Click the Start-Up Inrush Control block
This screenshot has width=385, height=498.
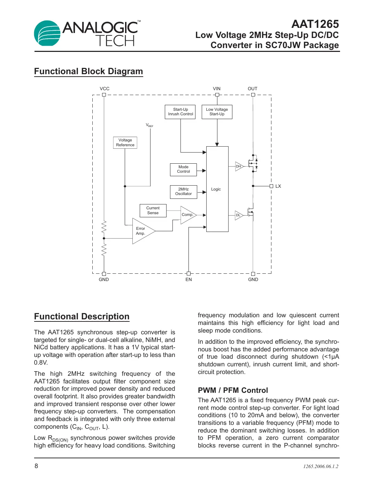(180, 112)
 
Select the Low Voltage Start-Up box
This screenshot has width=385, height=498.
(217, 112)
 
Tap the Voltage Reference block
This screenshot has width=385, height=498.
(125, 142)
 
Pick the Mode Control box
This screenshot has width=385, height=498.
(183, 169)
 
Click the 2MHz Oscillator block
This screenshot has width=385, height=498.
(183, 192)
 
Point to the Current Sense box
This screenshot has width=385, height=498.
(153, 210)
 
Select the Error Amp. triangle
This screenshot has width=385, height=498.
(141, 231)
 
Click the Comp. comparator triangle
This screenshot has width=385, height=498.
(187, 215)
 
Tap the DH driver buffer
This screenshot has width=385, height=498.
(239, 166)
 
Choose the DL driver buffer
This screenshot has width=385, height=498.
(238, 215)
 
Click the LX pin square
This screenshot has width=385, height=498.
(271, 186)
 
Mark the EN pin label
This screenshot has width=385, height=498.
(188, 280)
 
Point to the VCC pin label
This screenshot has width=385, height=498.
(105, 89)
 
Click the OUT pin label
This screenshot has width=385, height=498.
(253, 89)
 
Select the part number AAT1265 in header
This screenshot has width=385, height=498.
(315, 24)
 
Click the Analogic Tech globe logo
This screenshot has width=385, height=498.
(47, 33)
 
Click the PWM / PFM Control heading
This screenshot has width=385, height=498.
(233, 390)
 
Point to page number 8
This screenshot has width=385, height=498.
(36, 466)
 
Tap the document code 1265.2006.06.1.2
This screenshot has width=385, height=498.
(321, 466)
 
